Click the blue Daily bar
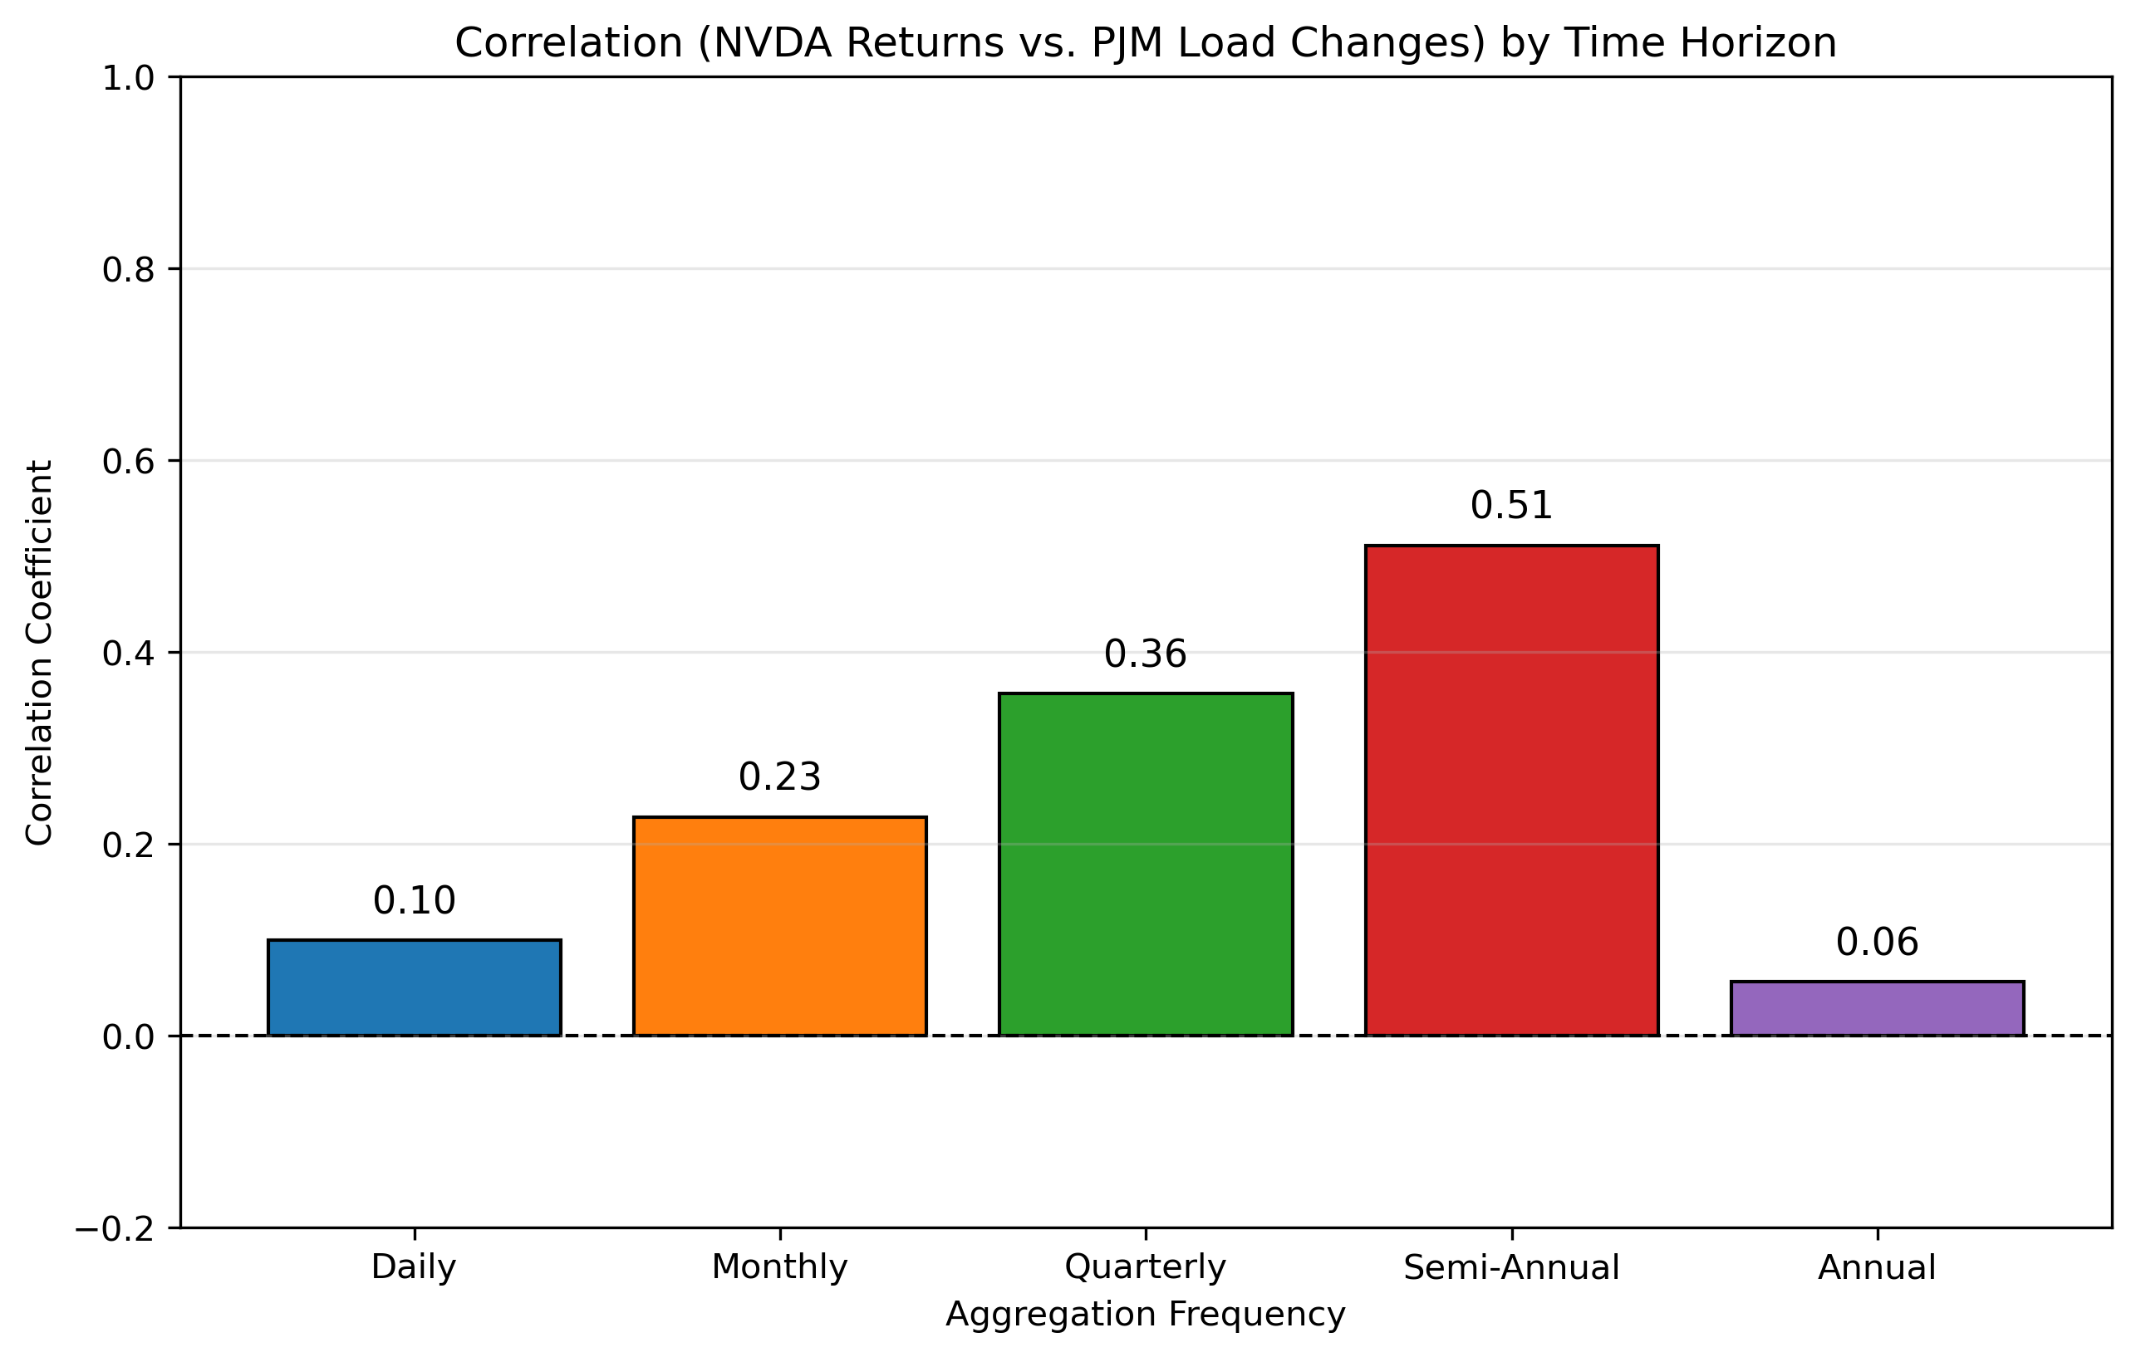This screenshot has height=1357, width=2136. [x=415, y=987]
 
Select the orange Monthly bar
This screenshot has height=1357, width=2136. [x=780, y=926]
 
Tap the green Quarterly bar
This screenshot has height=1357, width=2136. [x=1145, y=864]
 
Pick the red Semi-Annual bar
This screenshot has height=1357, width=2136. [x=1511, y=791]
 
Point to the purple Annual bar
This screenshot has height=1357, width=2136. [x=1877, y=1008]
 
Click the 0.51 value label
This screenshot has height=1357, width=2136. [x=1511, y=507]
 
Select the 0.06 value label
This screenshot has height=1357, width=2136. [x=1877, y=943]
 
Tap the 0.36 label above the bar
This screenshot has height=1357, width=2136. [x=1145, y=655]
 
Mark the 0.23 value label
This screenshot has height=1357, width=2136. [x=780, y=778]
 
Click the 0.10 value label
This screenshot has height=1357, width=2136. [x=415, y=902]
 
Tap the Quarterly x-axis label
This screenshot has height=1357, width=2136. [x=1145, y=1267]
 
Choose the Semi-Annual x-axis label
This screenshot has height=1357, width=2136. [x=1511, y=1267]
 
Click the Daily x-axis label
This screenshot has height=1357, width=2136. [x=415, y=1267]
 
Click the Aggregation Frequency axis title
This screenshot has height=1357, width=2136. [x=1145, y=1315]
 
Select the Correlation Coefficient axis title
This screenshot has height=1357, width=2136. [x=40, y=653]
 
